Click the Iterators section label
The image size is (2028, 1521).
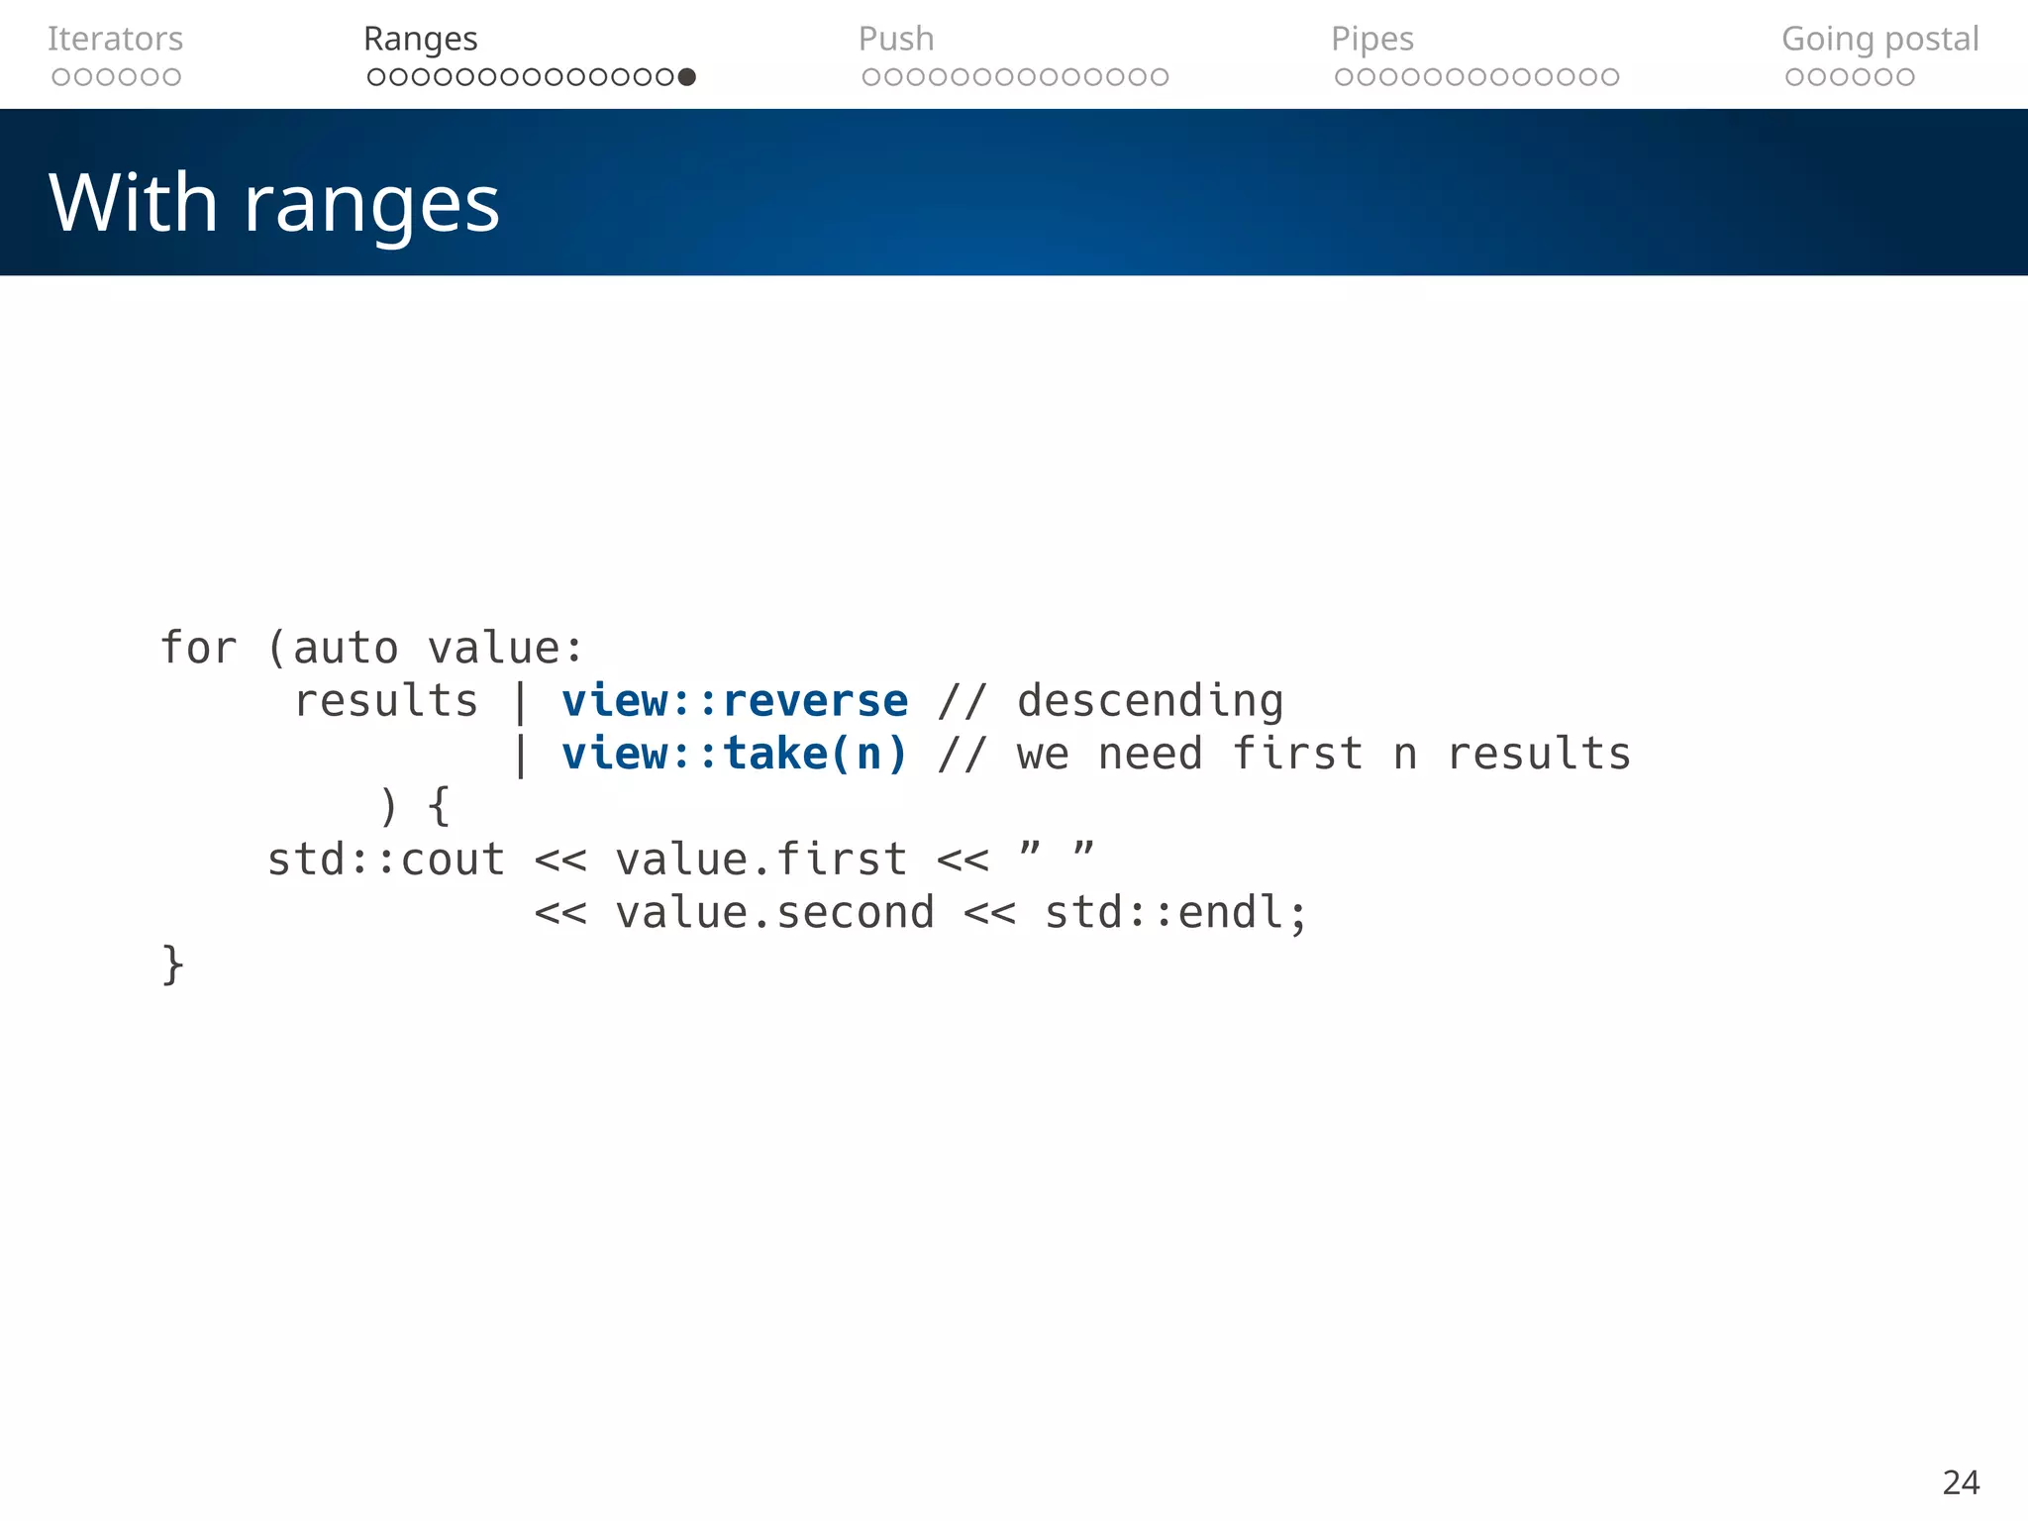pos(115,39)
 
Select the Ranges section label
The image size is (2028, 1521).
pos(420,39)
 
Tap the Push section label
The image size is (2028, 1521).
pos(895,39)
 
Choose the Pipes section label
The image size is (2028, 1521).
pos(1371,39)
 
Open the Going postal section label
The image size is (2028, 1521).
pos(1879,39)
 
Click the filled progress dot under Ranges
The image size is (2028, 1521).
pos(687,77)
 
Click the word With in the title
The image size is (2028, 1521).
pos(133,203)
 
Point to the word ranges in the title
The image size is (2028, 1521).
pos(371,205)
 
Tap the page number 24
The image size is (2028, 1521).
pos(1961,1482)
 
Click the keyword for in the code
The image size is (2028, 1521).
pos(198,649)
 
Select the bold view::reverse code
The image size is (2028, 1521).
pos(734,701)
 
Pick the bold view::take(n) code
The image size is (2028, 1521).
pos(734,754)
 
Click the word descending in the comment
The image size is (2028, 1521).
pos(1150,701)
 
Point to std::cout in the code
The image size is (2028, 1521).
pos(386,860)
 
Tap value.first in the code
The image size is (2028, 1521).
pos(760,860)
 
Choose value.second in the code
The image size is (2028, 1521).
pos(774,912)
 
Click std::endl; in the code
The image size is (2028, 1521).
pos(1176,912)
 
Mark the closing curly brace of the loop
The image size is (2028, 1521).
pos(172,964)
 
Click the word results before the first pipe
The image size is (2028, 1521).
pos(386,701)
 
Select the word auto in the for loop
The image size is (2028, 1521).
pos(346,649)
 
